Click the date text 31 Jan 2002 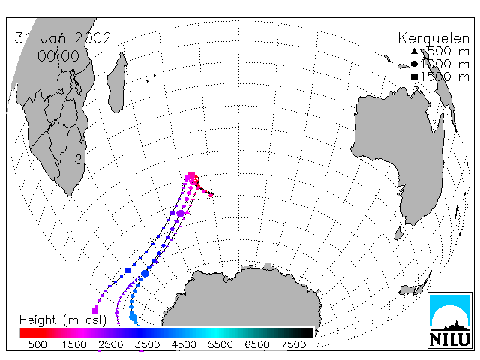tap(63, 38)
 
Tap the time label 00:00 tap(58, 56)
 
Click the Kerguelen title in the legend tap(433, 39)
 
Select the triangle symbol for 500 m tap(414, 51)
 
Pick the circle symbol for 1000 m tap(414, 64)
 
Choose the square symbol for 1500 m tap(414, 76)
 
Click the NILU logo tap(450, 320)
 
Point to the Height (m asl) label tap(63, 320)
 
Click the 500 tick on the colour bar tap(37, 345)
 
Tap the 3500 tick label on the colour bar tap(147, 345)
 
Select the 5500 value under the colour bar tap(220, 345)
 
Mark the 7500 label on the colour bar tap(293, 345)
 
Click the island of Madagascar tap(117, 82)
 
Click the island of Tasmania tap(398, 233)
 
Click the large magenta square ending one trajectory tap(95, 310)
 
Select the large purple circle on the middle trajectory tap(180, 213)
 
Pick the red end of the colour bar tap(23, 333)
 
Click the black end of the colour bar tap(308, 333)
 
